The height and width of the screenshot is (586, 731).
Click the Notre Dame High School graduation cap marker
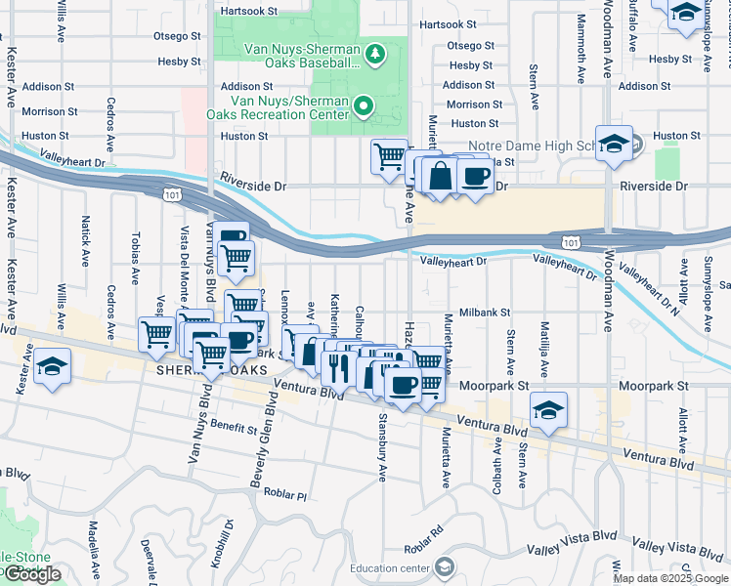pos(613,143)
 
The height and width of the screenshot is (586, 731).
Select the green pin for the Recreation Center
pos(364,105)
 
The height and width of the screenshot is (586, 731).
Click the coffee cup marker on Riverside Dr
pos(475,176)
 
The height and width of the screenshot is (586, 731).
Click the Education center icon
pos(445,567)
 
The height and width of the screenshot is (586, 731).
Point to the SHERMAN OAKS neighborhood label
pos(193,372)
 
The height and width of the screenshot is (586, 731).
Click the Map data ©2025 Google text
pos(669,578)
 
